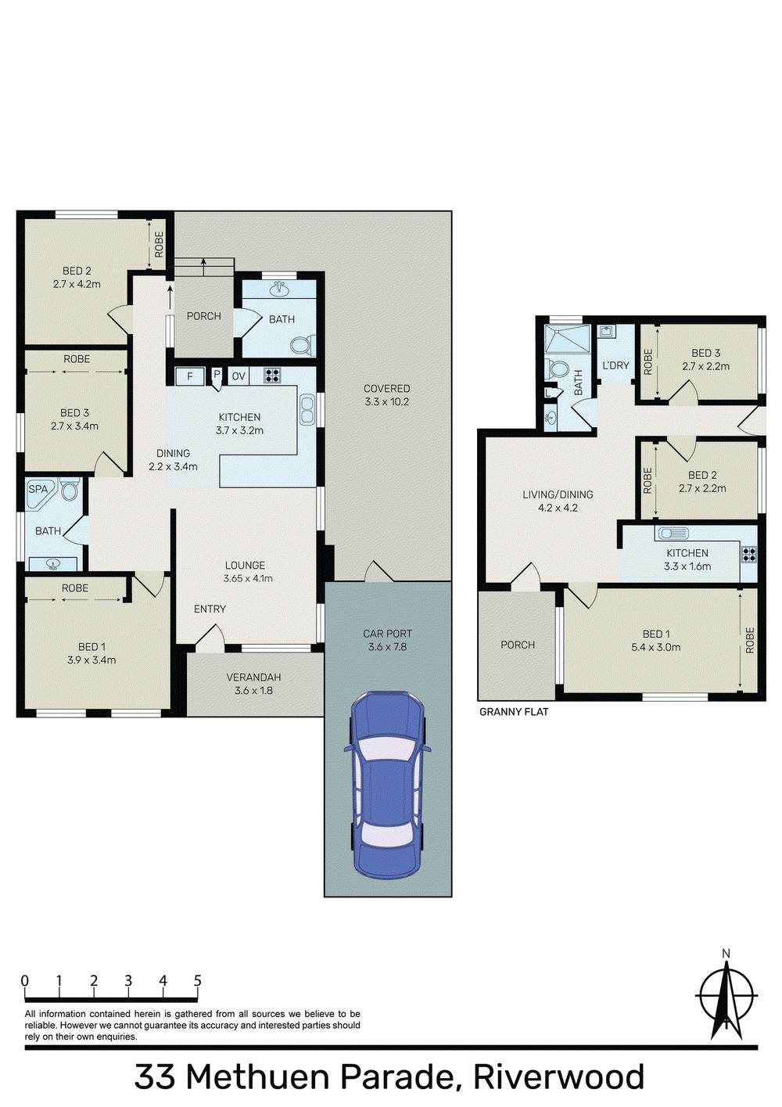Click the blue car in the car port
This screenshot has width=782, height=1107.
click(x=387, y=785)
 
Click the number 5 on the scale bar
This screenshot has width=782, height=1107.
click(x=197, y=981)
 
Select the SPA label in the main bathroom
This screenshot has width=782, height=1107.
click(x=38, y=489)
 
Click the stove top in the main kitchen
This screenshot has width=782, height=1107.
click(x=272, y=376)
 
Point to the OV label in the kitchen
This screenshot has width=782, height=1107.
click(x=239, y=376)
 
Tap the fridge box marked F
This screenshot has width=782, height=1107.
click(x=189, y=376)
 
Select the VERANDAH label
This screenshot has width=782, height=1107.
click(x=253, y=677)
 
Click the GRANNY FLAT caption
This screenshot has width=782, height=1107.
click(x=514, y=712)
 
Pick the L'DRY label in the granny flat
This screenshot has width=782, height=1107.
click(x=615, y=365)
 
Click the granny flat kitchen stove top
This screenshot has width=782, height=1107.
click(x=748, y=554)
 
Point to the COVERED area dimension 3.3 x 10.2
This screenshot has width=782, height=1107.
click(x=387, y=402)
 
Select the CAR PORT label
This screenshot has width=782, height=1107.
click(x=387, y=634)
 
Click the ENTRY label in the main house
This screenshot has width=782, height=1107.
click(x=210, y=609)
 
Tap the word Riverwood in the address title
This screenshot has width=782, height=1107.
click(x=558, y=1077)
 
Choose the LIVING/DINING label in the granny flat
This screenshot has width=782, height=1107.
click(x=558, y=494)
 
